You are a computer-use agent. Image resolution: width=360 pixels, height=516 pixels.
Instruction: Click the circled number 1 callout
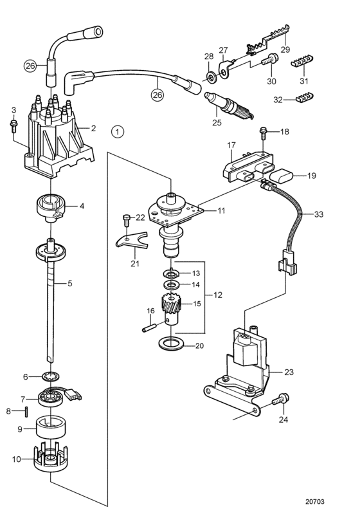pos(117,132)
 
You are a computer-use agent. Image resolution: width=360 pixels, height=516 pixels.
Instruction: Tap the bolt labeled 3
pos(14,126)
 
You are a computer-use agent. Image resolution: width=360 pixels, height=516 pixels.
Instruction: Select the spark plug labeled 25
pos(229,106)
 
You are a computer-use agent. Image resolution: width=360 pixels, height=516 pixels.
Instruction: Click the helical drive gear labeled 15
pos(171,309)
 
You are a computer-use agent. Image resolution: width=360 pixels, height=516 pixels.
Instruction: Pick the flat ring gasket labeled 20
pos(170,344)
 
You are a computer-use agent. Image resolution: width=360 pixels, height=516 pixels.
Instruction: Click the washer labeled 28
pos(209,78)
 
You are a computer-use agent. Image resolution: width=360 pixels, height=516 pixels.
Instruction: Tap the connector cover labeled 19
pos(282,176)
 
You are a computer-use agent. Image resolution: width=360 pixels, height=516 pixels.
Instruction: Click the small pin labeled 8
pos(26,411)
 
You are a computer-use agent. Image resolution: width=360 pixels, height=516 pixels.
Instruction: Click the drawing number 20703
pos(314,501)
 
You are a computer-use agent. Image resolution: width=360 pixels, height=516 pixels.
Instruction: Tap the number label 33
pos(319,214)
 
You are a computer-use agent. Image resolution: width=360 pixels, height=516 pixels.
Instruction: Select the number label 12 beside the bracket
pos(218,295)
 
